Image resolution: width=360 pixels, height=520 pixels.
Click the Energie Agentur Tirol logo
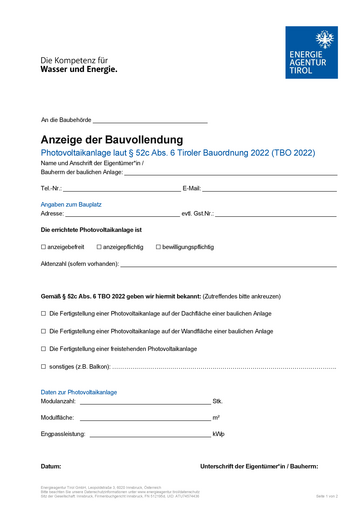(x=312, y=52)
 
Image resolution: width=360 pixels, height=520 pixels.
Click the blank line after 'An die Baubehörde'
(x=150, y=120)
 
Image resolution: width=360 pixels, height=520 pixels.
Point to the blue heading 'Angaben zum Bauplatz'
(x=71, y=204)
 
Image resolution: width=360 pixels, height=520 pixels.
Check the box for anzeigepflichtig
(x=99, y=246)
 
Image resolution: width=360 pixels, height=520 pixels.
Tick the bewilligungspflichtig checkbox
(x=159, y=246)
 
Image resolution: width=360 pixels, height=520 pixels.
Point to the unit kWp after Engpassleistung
(x=219, y=435)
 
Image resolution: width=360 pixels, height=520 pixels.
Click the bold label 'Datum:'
(x=51, y=467)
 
